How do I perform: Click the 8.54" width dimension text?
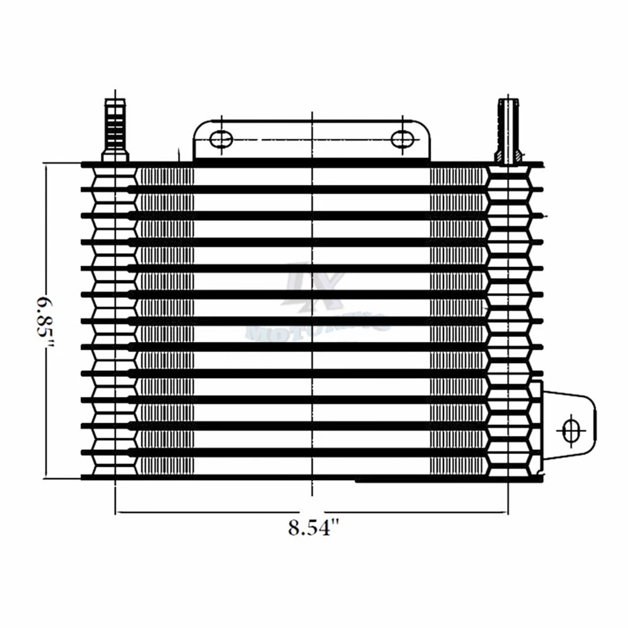click(315, 527)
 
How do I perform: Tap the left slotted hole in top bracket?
click(221, 139)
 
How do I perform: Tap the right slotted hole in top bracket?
click(403, 139)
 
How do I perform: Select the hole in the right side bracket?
click(571, 429)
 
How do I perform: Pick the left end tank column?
click(115, 321)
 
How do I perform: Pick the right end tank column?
click(508, 321)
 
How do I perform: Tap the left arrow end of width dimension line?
click(116, 512)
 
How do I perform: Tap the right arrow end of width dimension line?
click(508, 512)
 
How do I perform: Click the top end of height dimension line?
click(46, 165)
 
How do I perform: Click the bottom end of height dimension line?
click(46, 477)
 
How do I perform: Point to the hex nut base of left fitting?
click(115, 156)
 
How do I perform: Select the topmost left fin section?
click(165, 177)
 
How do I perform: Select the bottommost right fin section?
click(458, 465)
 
